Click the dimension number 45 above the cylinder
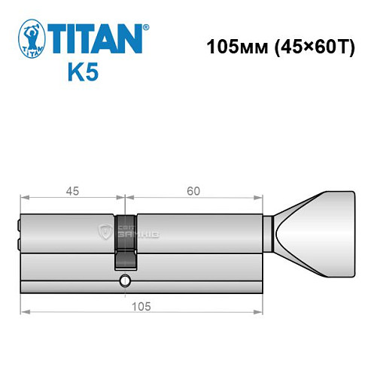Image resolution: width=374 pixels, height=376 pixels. coord(73,191)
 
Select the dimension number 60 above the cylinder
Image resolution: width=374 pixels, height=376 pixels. coord(193,191)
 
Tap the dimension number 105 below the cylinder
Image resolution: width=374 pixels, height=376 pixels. coord(141,305)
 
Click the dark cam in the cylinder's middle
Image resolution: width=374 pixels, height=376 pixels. coord(126,241)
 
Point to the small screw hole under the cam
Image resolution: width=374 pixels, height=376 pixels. coord(125,282)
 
